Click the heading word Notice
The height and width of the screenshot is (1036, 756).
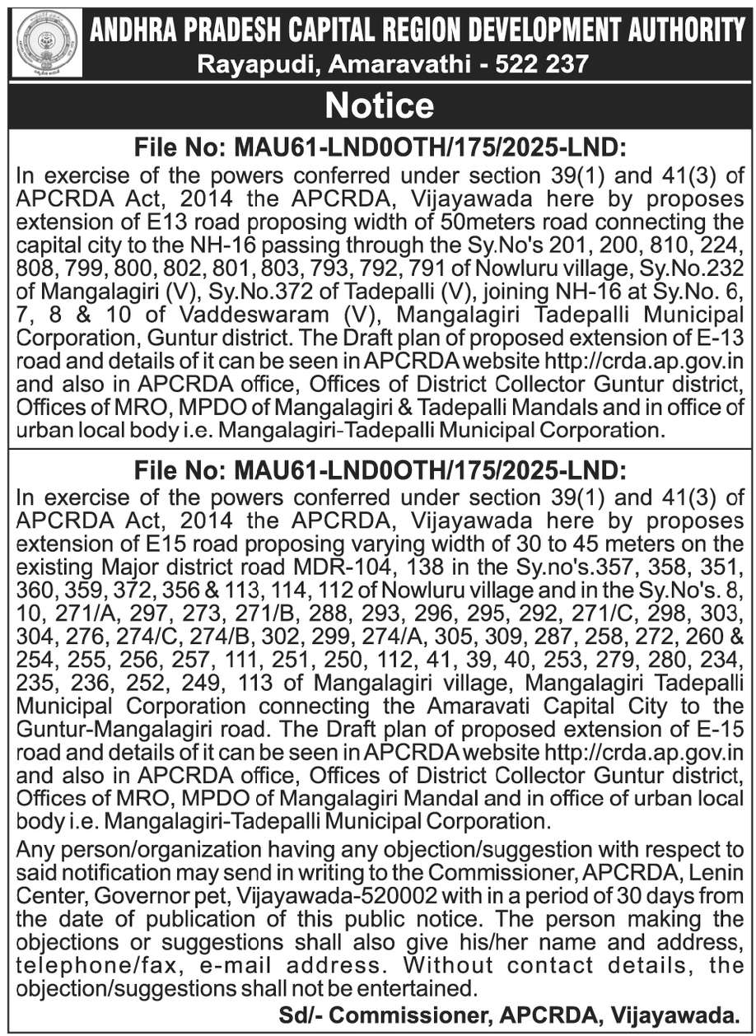click(x=378, y=105)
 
